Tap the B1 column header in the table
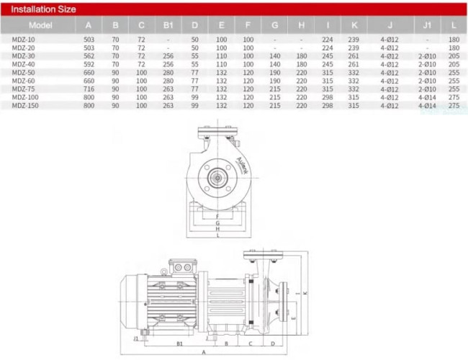168,24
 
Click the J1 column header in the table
428,24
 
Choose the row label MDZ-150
26,105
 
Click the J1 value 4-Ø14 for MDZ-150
428,105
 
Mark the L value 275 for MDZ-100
454,96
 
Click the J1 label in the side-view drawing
136,338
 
